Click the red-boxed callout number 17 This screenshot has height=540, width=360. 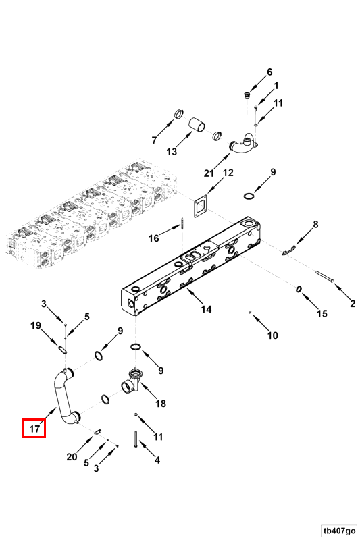pyautogui.click(x=34, y=429)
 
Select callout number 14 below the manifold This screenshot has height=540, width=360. pyautogui.click(x=206, y=309)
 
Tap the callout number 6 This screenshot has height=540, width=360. pyautogui.click(x=269, y=72)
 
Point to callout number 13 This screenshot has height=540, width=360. pyautogui.click(x=172, y=151)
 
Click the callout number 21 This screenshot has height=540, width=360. pyautogui.click(x=209, y=173)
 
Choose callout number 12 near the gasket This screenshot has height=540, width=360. pyautogui.click(x=228, y=172)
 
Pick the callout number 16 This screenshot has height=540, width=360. pyautogui.click(x=153, y=238)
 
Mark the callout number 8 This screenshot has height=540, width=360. pyautogui.click(x=315, y=225)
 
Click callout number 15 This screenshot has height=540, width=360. pyautogui.click(x=322, y=313)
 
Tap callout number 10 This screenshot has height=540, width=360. pyautogui.click(x=272, y=335)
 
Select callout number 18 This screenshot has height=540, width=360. pyautogui.click(x=161, y=403)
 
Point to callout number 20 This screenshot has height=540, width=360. pyautogui.click(x=72, y=457)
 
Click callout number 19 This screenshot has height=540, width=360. pyautogui.click(x=36, y=325)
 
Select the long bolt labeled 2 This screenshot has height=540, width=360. pyautogui.click(x=325, y=277)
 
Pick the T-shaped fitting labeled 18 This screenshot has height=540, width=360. pyautogui.click(x=130, y=381)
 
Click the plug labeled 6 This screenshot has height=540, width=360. pyautogui.click(x=247, y=95)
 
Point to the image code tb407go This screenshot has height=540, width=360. pyautogui.click(x=339, y=530)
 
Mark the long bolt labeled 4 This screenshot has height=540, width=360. pyautogui.click(x=135, y=439)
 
